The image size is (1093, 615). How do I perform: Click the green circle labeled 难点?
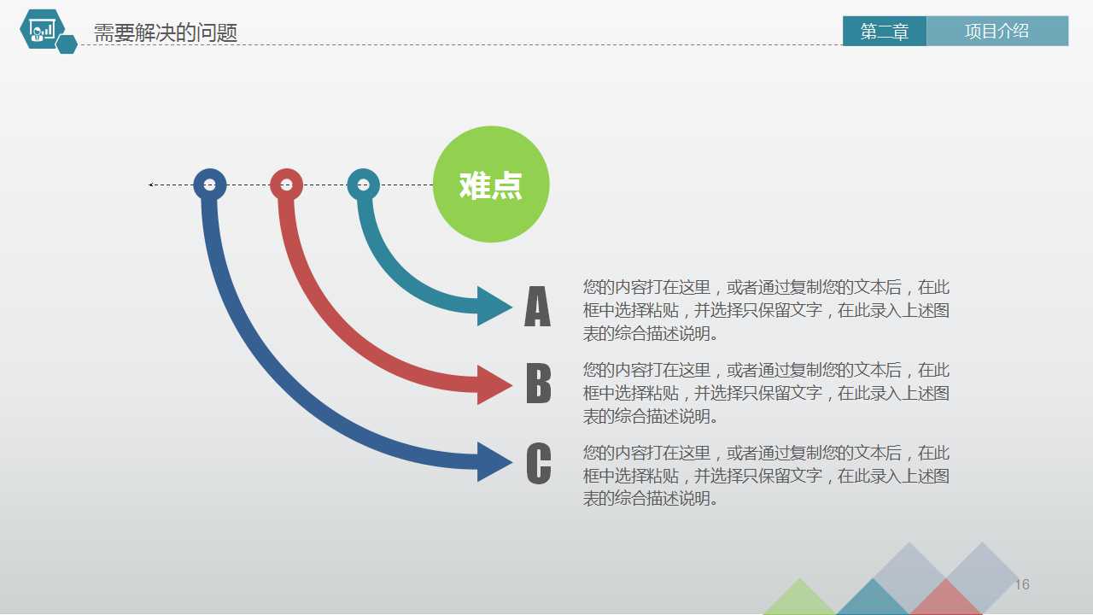[491, 184]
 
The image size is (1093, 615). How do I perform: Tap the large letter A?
[537, 307]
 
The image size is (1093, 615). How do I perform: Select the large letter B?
[538, 384]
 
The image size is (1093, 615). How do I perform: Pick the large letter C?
[538, 464]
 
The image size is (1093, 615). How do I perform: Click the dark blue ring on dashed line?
[210, 184]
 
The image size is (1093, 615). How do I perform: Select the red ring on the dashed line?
[287, 184]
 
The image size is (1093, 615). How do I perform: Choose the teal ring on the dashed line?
[364, 184]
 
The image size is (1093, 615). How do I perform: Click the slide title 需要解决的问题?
[166, 33]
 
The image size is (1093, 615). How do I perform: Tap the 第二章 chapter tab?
[884, 32]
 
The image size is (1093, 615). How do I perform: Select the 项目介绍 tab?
[997, 32]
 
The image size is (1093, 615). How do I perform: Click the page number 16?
[1022, 585]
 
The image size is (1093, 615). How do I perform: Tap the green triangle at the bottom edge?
[799, 600]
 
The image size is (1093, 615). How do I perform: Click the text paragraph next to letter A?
[766, 310]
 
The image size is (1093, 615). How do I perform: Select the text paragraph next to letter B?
[766, 393]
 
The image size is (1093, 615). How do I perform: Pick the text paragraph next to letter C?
[766, 476]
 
